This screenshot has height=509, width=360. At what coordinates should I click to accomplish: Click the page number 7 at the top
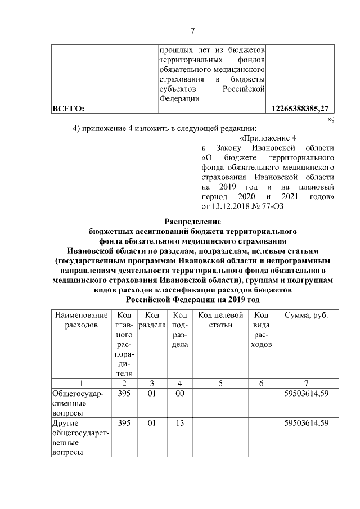coord(192,31)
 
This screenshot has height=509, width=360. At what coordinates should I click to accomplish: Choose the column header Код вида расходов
coord(261,329)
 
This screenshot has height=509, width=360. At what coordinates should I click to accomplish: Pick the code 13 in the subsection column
coord(179,423)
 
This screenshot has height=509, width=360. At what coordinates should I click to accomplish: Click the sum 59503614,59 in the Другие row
coord(307,423)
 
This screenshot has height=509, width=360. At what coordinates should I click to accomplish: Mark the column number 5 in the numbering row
coord(220,383)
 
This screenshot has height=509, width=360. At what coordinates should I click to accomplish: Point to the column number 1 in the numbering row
coord(78,383)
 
